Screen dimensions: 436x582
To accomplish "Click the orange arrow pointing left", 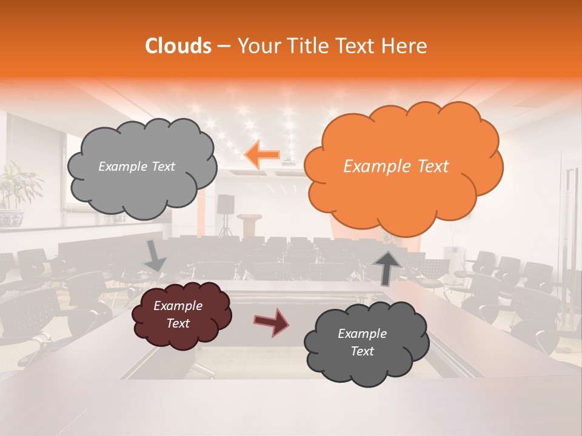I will [x=262, y=154].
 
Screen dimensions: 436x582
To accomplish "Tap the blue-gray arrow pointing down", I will [x=155, y=256].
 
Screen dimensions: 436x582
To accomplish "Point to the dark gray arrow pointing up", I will [x=386, y=267].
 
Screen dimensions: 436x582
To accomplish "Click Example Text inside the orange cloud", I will [x=396, y=167].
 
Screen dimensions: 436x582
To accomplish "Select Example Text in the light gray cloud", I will [x=136, y=167].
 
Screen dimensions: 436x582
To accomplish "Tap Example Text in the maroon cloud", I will [x=178, y=315].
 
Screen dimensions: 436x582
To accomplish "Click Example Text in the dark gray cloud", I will [x=362, y=342].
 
